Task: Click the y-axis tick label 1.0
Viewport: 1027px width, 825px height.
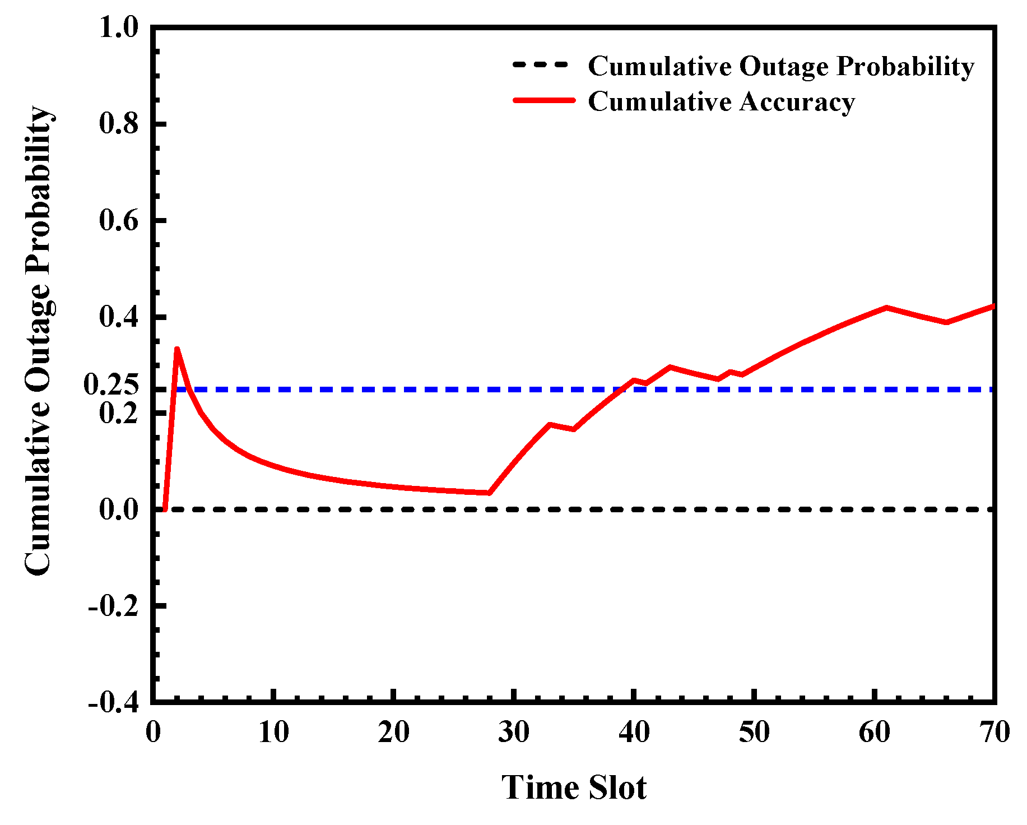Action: coord(118,27)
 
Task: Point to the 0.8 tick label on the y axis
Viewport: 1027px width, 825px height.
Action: coord(118,124)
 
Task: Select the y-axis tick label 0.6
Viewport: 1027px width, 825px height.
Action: coord(118,221)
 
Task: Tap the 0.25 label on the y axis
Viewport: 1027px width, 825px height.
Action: coord(111,384)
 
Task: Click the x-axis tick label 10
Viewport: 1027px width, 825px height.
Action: coord(273,732)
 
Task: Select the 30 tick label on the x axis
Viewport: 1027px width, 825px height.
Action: coord(514,732)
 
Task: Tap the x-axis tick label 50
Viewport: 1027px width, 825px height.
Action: coord(754,732)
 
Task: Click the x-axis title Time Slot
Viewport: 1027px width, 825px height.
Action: coord(574,787)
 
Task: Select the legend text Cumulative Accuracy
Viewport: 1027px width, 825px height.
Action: coord(722,102)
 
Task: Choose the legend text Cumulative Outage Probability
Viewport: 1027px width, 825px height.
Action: coord(781,67)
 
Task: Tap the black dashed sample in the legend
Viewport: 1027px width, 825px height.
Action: coord(541,65)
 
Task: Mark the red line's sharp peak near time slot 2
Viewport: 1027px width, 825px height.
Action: coord(176,349)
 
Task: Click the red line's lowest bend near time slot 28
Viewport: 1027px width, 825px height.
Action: coord(489,493)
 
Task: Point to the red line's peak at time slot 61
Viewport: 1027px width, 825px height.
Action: coord(886,307)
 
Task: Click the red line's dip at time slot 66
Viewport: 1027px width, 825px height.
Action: coord(946,322)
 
